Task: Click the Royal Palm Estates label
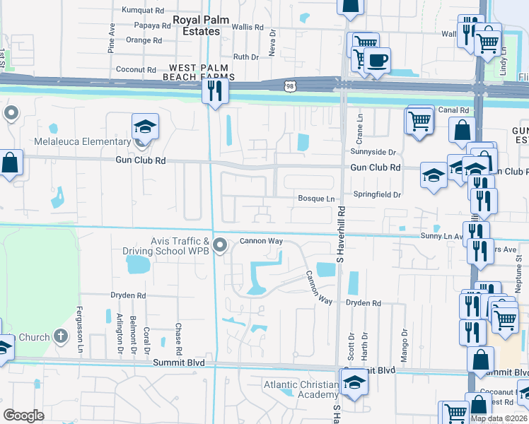202,25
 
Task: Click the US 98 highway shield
289,86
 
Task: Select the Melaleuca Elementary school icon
145,127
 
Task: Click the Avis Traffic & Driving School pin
220,246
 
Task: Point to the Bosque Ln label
315,199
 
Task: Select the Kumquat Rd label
142,11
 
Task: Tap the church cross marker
61,336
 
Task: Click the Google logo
23,416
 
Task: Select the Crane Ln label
360,127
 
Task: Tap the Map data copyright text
499,418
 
